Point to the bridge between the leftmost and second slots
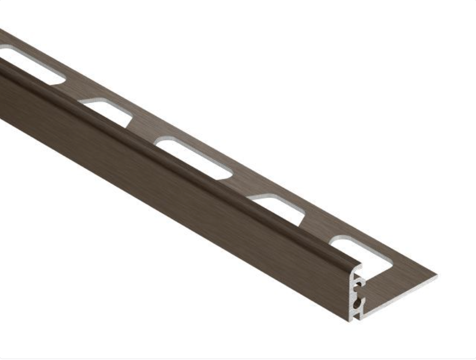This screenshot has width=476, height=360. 71,90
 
